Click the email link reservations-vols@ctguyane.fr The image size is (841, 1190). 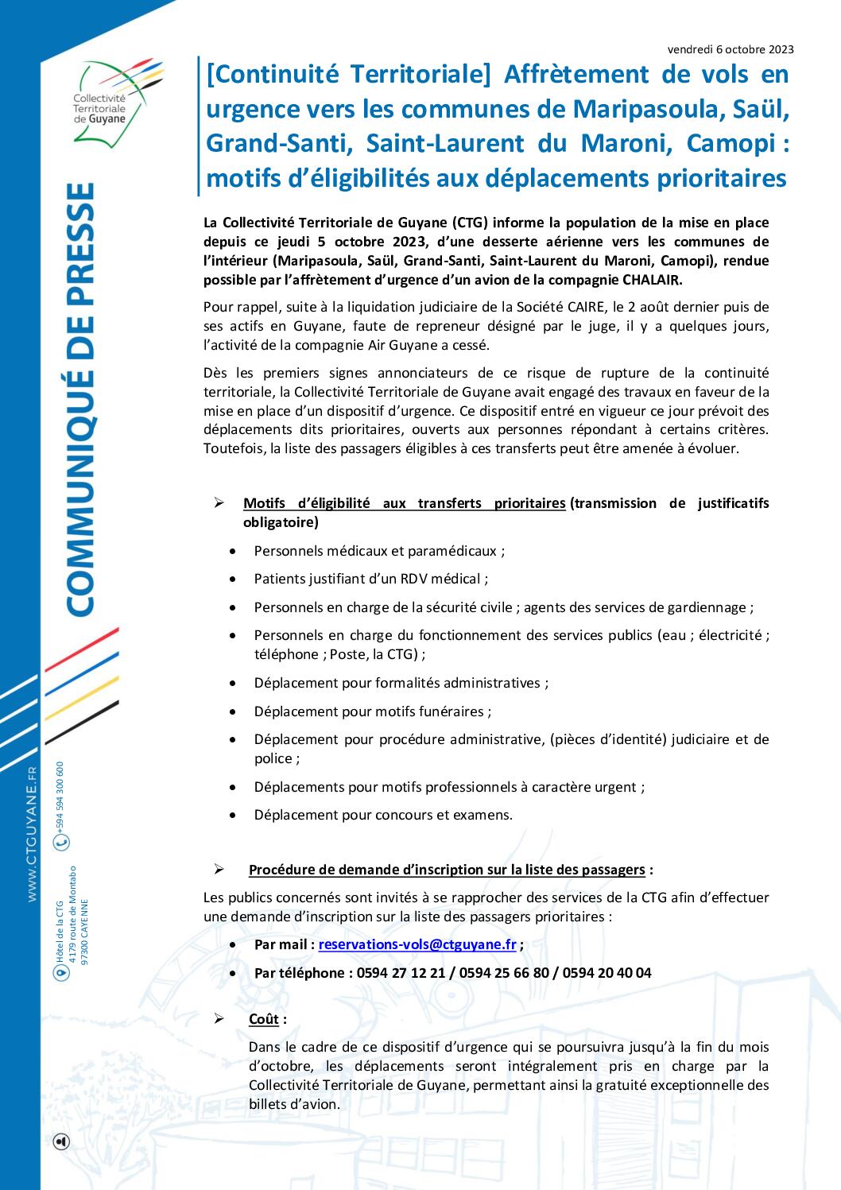417,944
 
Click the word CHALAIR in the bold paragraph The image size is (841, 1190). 646,280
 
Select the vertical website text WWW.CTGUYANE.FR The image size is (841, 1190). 33,834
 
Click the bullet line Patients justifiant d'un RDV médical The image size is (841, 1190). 370,579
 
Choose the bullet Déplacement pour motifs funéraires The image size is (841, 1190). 372,711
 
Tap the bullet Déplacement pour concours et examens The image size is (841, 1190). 383,814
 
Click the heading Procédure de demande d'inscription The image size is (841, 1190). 447,870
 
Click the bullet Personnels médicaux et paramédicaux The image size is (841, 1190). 378,551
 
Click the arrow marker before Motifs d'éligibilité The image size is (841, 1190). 219,502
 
